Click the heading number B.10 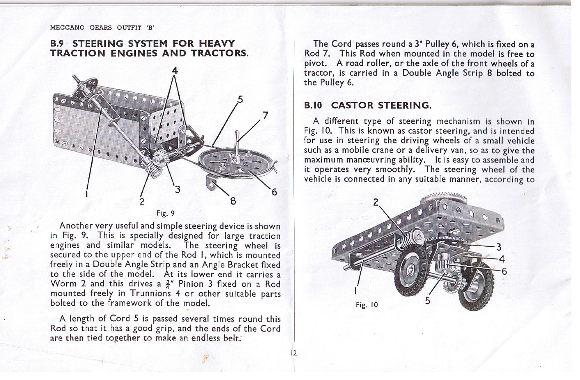coord(313,105)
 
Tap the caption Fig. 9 coord(165,213)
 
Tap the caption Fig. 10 coord(367,305)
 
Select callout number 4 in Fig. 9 coord(175,71)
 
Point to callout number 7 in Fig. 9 coord(265,115)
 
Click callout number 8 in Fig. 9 coord(233,201)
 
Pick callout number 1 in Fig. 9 coord(87,194)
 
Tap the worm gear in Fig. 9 coord(152,170)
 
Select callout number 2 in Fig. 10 coord(376,202)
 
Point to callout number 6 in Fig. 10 coord(504,271)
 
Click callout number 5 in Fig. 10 coord(428,300)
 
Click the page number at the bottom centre coord(293,353)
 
